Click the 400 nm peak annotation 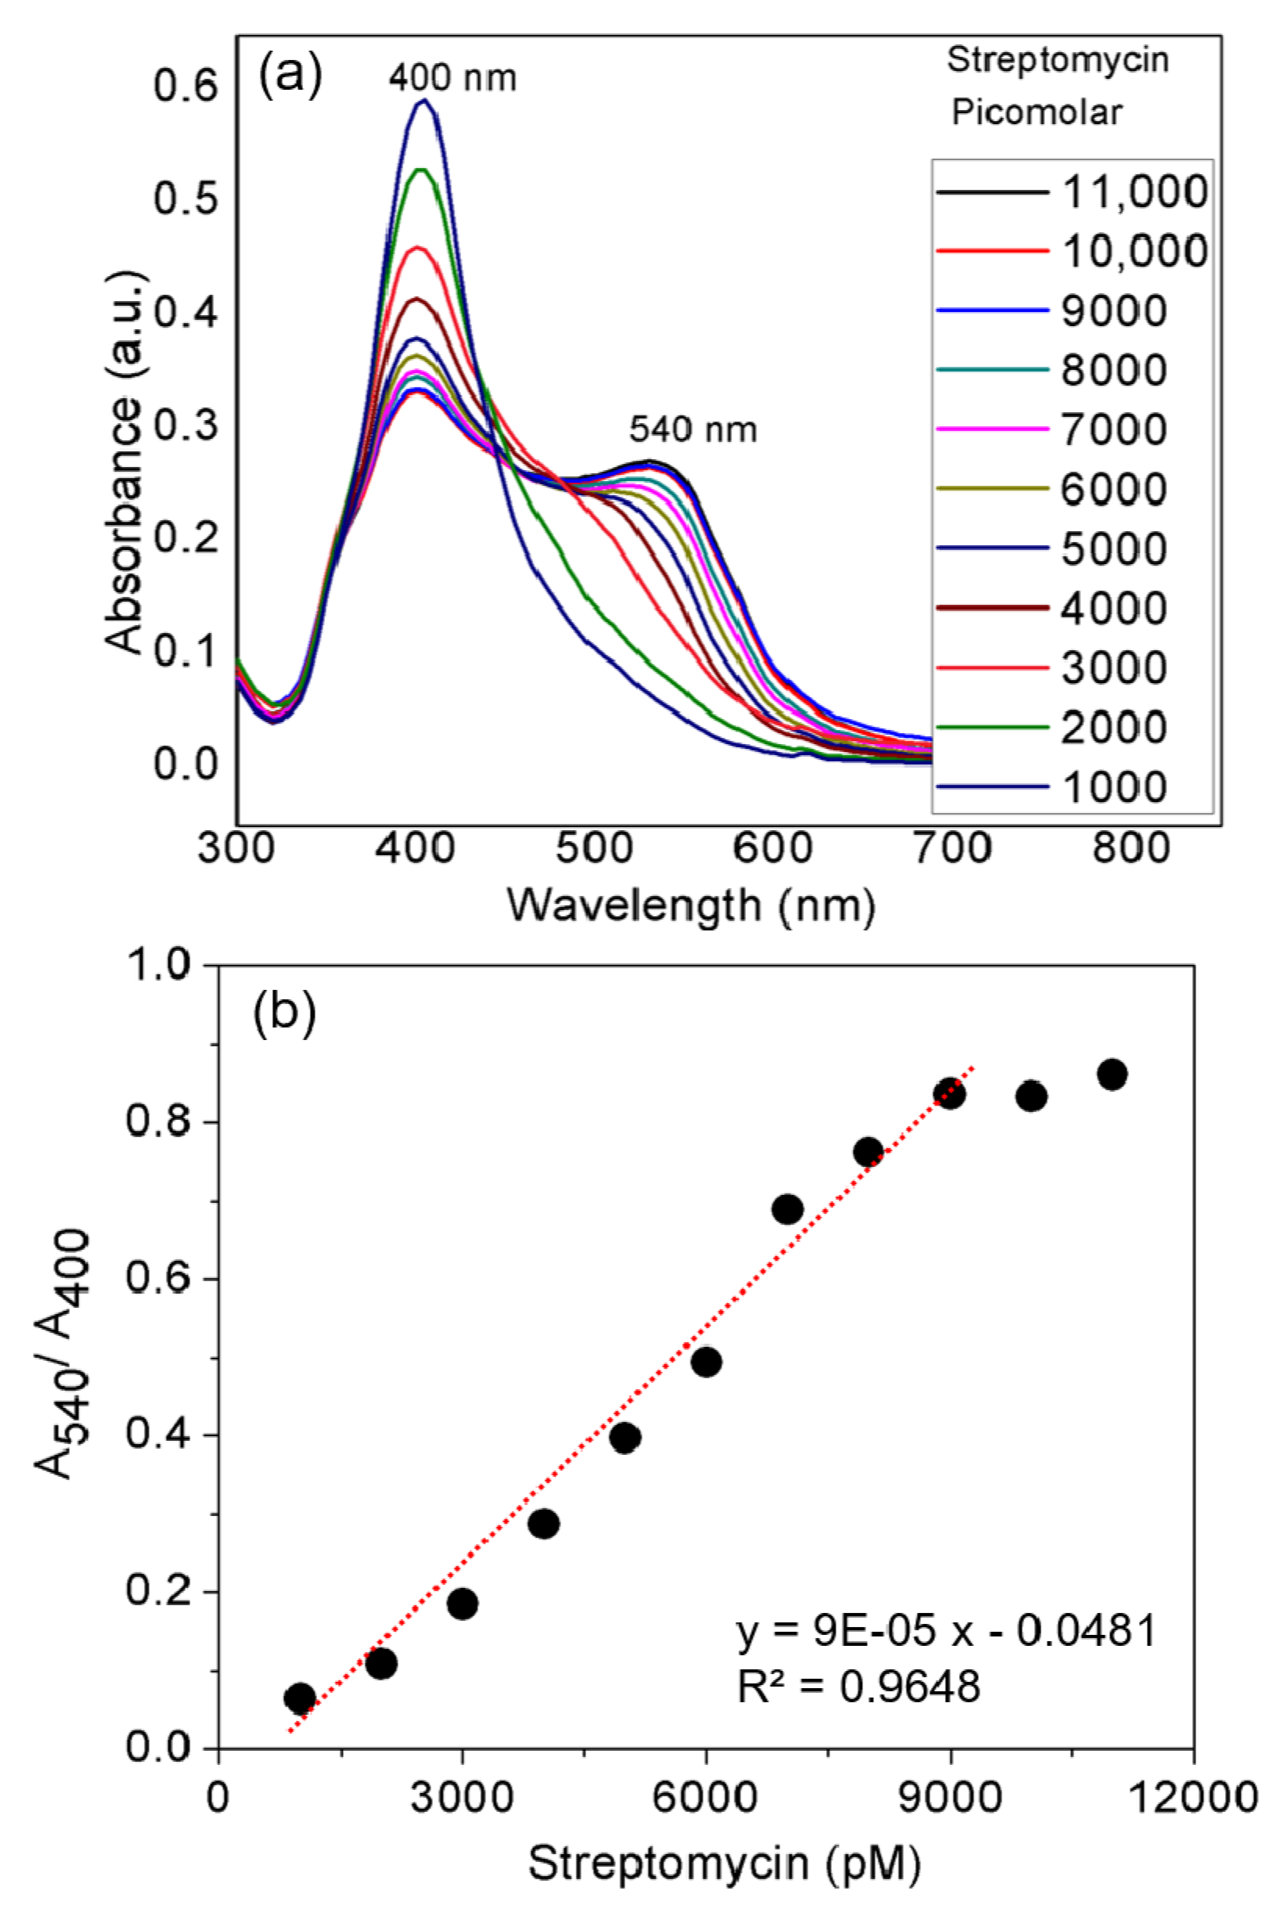452,79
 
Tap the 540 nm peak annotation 692,429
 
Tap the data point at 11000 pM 1112,1073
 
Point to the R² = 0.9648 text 858,1687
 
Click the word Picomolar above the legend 1036,112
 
